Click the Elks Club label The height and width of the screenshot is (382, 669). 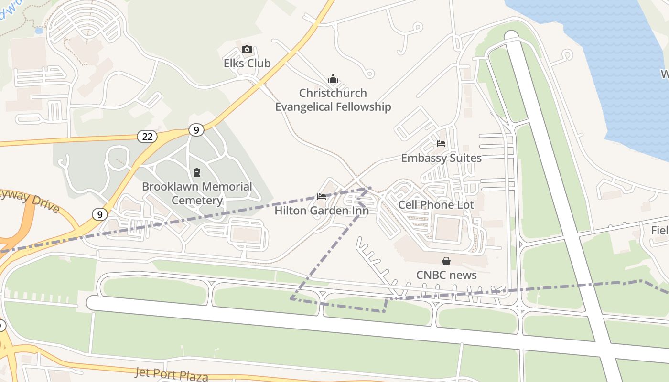247,63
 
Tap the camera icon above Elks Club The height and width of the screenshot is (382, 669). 247,50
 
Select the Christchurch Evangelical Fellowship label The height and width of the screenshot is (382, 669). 333,100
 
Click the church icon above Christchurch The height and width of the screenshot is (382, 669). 333,79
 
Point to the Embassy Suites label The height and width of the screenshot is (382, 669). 441,158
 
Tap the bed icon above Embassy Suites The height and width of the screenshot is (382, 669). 441,143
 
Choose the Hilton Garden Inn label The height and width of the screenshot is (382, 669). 322,211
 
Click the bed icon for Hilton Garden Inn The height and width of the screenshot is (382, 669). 322,196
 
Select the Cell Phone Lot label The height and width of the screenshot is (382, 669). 436,205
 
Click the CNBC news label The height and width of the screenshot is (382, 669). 446,275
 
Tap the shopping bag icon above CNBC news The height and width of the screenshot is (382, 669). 446,261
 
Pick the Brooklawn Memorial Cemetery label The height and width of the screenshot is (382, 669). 197,193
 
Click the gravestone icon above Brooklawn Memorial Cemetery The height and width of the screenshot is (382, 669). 196,172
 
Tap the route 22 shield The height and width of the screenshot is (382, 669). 147,137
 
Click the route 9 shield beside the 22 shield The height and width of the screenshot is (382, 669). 195,129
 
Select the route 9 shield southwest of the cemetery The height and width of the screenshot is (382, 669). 99,214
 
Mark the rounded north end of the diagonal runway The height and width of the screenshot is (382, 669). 511,36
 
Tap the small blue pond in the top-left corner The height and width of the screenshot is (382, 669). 39,31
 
